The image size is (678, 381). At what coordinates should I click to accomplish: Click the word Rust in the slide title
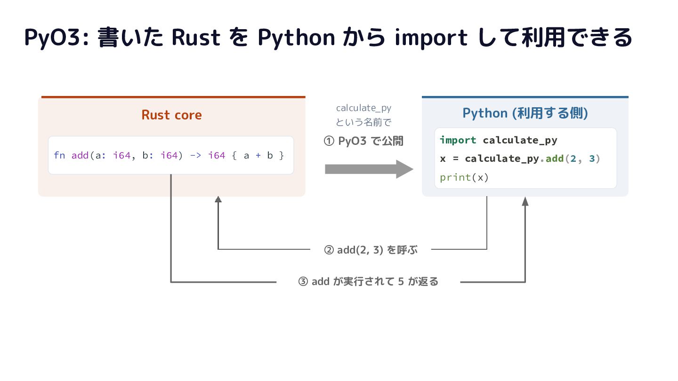(x=196, y=38)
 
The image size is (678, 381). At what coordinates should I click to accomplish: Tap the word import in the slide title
(x=431, y=38)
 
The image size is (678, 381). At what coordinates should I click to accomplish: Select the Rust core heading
(x=171, y=115)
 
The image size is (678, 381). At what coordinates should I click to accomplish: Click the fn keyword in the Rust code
(x=59, y=155)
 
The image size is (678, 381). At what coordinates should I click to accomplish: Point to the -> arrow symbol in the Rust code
(x=195, y=155)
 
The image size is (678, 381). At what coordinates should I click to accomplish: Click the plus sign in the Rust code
(x=258, y=155)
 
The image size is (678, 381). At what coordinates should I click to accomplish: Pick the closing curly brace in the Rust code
(x=282, y=155)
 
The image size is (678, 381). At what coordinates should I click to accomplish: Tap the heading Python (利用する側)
(x=525, y=113)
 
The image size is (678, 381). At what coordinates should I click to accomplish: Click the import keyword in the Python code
(x=458, y=140)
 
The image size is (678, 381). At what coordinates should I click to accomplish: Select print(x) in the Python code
(x=464, y=177)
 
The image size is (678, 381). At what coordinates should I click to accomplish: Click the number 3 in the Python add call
(x=592, y=159)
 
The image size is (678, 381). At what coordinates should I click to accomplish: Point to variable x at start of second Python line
(x=443, y=159)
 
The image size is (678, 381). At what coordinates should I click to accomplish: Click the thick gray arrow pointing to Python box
(x=369, y=169)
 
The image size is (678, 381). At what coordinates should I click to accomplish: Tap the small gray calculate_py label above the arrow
(x=363, y=108)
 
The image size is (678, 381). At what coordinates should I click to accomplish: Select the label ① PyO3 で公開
(x=363, y=141)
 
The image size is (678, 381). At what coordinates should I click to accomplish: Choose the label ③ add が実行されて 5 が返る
(x=368, y=281)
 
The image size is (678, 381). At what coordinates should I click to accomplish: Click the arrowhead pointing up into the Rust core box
(x=218, y=199)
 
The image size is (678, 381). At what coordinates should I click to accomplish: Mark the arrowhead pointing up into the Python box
(x=525, y=201)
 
